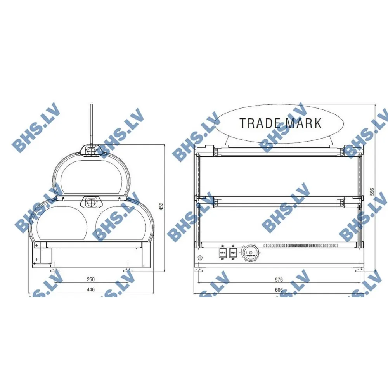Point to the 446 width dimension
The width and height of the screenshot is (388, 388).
pos(90,289)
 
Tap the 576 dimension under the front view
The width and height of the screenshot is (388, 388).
pos(279,279)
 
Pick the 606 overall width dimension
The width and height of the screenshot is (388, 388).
pos(279,290)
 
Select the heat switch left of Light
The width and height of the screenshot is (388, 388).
pos(222,254)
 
